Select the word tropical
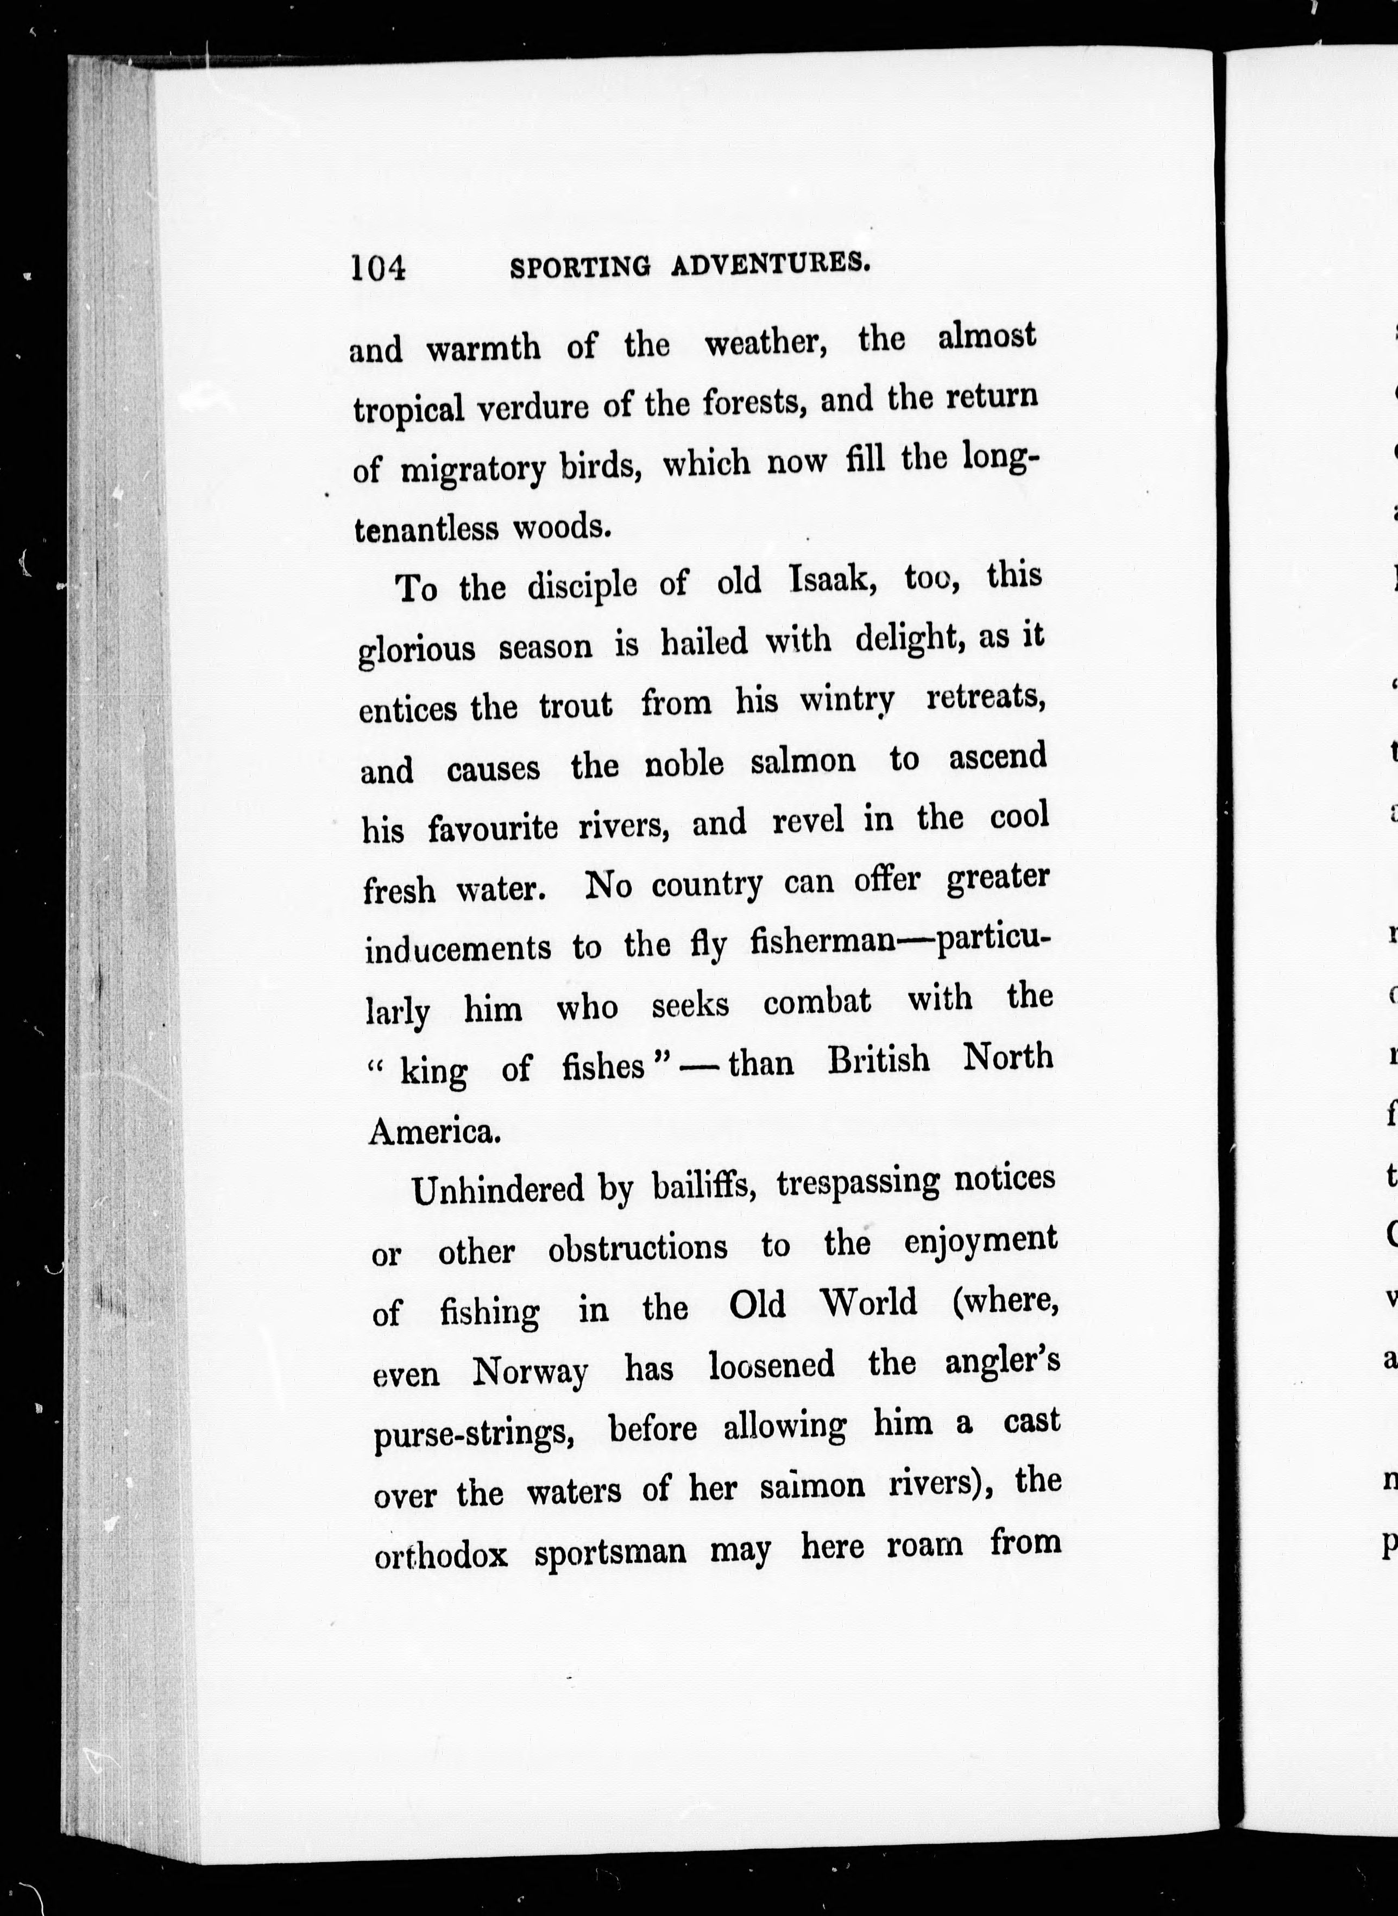pos(409,409)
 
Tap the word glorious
pos(417,651)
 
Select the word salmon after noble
pos(802,761)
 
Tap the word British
pos(878,1061)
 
